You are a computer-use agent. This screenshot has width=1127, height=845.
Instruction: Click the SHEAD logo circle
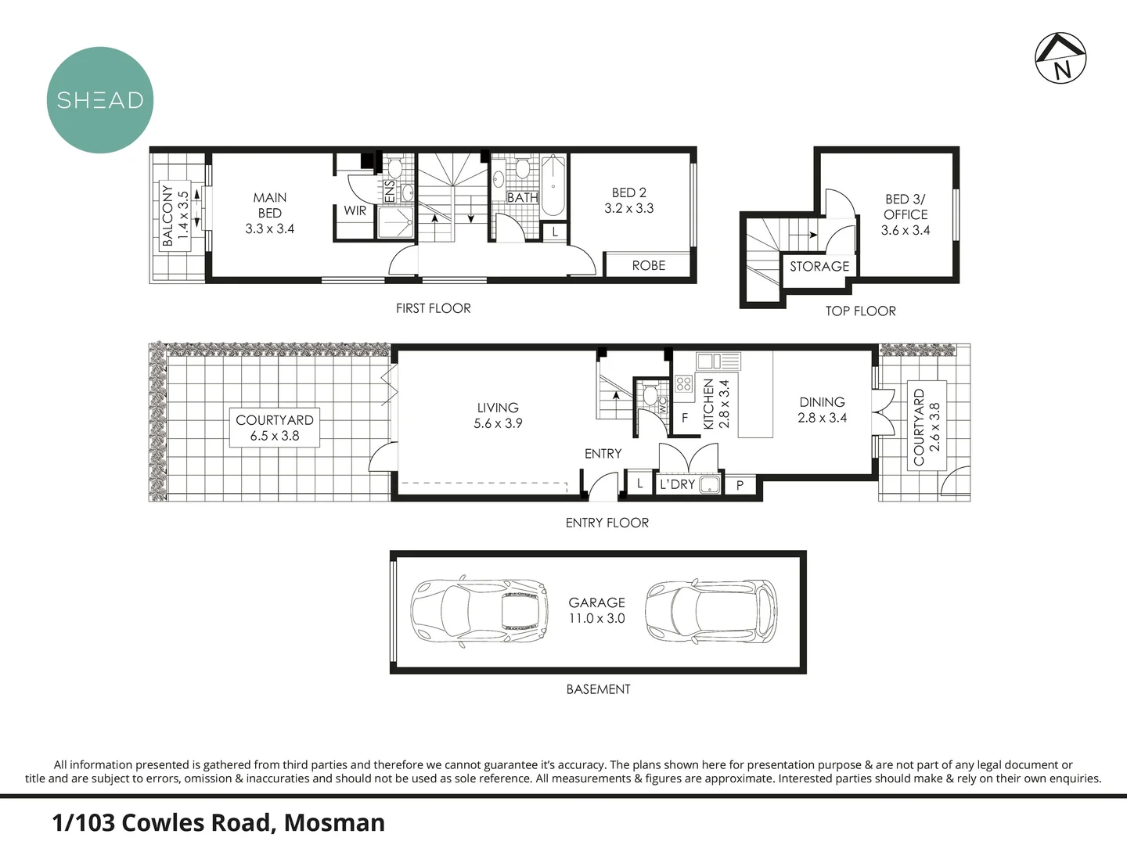pyautogui.click(x=100, y=100)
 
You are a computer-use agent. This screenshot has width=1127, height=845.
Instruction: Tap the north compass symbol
pyautogui.click(x=1061, y=58)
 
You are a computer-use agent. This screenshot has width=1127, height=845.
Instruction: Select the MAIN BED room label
pyautogui.click(x=270, y=205)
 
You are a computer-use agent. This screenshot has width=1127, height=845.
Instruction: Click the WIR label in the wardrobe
pyautogui.click(x=355, y=210)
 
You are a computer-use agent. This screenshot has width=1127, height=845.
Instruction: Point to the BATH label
pyautogui.click(x=522, y=198)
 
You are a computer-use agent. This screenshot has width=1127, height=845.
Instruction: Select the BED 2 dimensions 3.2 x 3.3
pyautogui.click(x=628, y=209)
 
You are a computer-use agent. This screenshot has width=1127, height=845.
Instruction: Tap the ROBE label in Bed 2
pyautogui.click(x=649, y=266)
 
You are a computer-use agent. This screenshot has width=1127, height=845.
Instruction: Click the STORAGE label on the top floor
pyautogui.click(x=819, y=267)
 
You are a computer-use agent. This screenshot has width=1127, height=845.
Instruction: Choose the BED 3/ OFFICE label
pyautogui.click(x=906, y=207)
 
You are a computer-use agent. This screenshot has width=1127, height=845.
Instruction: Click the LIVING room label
pyautogui.click(x=498, y=408)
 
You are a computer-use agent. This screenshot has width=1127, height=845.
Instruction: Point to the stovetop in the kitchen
pyautogui.click(x=683, y=383)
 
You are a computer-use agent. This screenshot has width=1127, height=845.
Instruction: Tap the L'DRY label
pyautogui.click(x=677, y=484)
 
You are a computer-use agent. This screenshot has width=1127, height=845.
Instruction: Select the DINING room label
pyautogui.click(x=822, y=402)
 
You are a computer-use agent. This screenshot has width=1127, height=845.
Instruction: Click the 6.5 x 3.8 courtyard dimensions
pyautogui.click(x=275, y=436)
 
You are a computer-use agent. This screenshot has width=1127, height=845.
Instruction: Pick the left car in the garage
pyautogui.click(x=479, y=613)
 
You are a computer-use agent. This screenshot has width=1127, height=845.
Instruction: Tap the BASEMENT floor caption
pyautogui.click(x=598, y=689)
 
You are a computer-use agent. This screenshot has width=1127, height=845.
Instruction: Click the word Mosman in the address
pyautogui.click(x=334, y=823)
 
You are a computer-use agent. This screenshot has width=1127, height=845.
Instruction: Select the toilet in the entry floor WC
pyautogui.click(x=649, y=394)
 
